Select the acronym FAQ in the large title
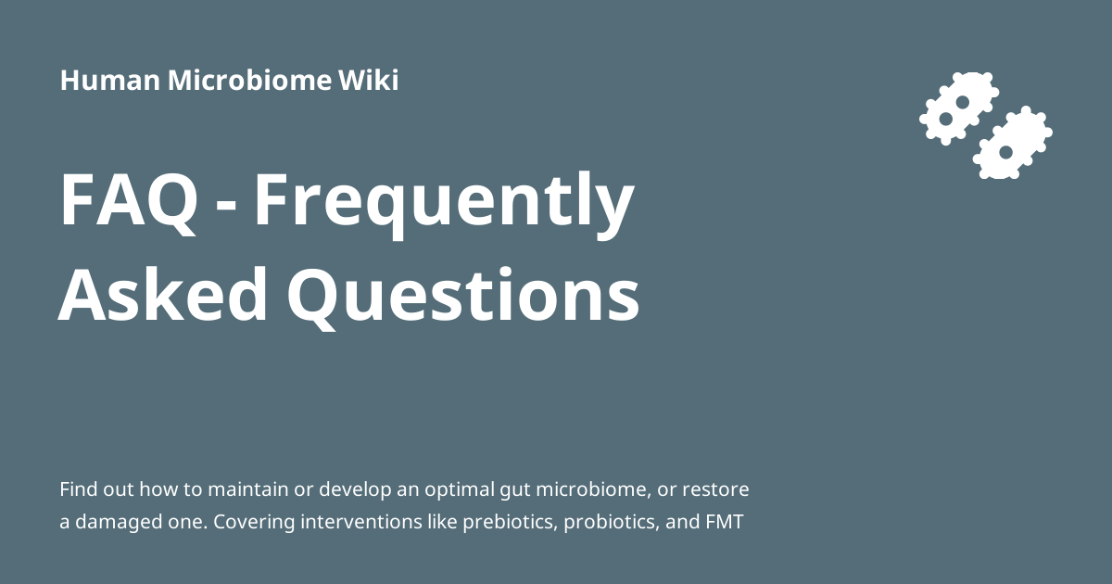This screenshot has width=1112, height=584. pyautogui.click(x=129, y=201)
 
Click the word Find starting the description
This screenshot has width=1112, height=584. pyautogui.click(x=78, y=489)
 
